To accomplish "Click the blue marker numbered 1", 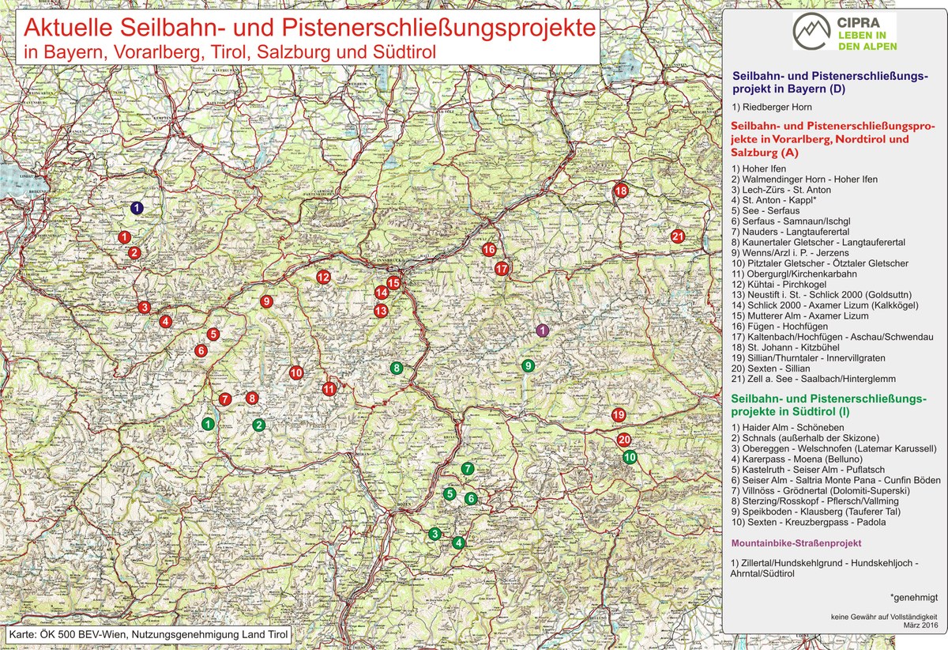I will pos(136,208).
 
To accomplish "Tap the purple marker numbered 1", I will pos(542,331).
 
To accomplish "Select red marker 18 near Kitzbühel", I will pos(621,191).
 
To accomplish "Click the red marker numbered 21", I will pos(677,236).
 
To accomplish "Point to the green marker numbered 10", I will pos(630,457).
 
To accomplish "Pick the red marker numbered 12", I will pos(323,278).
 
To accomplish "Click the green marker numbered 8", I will pos(396,368).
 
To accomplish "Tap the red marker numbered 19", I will pos(619,415).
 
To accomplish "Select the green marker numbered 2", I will pos(258,425).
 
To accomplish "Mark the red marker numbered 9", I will pos(266,301).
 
